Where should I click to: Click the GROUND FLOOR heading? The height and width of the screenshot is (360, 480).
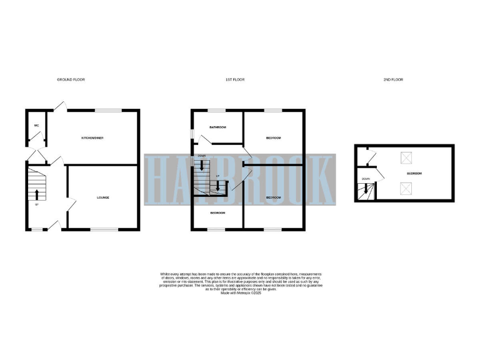click(71, 80)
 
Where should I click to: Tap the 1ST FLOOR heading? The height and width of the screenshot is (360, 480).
click(234, 80)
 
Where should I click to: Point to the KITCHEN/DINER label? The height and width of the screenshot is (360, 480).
click(91, 137)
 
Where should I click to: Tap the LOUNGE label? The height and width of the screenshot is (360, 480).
click(103, 197)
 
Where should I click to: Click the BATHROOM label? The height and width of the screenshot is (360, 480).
click(217, 127)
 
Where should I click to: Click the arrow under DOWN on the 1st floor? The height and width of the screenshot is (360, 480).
click(202, 165)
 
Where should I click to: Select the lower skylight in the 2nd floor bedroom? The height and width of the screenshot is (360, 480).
click(404, 186)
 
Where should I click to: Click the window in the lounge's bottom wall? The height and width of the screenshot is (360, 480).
click(104, 229)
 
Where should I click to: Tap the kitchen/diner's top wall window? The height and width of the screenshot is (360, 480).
click(104, 111)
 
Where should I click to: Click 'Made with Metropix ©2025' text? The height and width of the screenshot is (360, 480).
click(241, 302)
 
